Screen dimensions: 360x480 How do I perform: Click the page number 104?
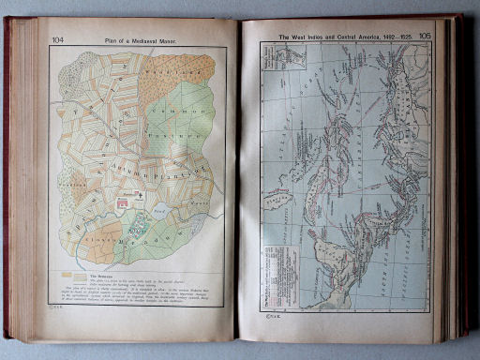point(58,39)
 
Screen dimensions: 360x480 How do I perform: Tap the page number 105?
point(425,36)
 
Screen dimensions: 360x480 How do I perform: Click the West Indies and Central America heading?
point(341,37)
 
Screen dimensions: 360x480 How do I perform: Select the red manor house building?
point(123,199)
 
